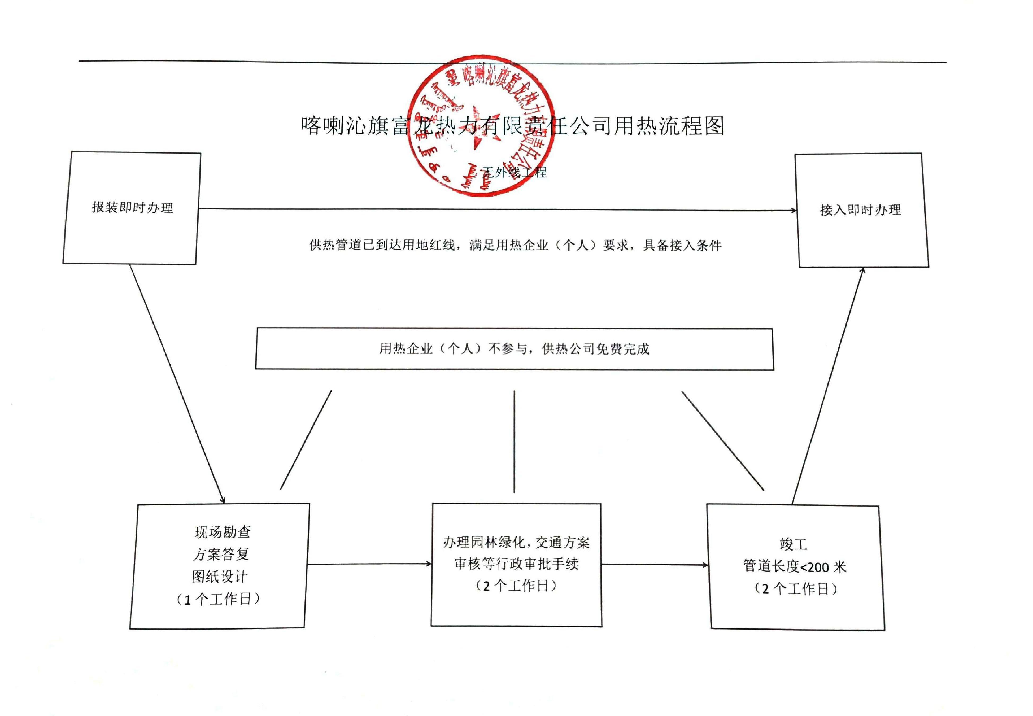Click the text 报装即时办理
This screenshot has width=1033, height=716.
click(132, 208)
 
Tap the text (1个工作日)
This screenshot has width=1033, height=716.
click(219, 599)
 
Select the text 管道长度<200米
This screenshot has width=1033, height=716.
click(794, 567)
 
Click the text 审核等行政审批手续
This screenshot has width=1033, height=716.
click(517, 564)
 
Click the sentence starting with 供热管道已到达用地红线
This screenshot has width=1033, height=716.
click(515, 245)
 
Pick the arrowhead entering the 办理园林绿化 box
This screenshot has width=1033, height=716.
click(428, 564)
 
